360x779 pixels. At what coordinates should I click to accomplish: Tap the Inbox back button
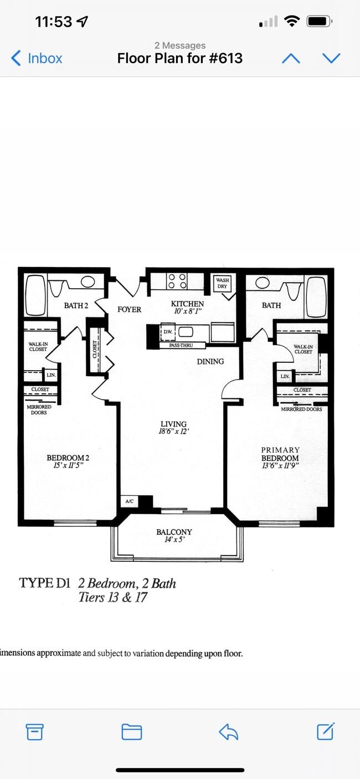[x=37, y=58]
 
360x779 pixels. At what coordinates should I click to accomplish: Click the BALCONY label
[x=174, y=532]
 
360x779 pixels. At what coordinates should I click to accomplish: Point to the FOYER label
[x=129, y=309]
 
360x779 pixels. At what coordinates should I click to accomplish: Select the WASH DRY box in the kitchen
[x=222, y=283]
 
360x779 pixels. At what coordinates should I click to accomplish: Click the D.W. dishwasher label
[x=167, y=332]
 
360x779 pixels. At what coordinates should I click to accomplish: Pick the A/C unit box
[x=130, y=501]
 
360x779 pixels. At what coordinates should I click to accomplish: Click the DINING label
[x=210, y=361]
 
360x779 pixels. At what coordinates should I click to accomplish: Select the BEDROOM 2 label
[x=68, y=458]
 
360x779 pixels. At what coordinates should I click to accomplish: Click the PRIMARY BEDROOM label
[x=280, y=454]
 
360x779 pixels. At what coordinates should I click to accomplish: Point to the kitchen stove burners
[x=177, y=281]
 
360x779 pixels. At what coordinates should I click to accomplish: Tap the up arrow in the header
[x=291, y=58]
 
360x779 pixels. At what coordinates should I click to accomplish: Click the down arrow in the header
[x=331, y=58]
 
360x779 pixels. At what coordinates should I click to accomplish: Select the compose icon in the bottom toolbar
[x=326, y=732]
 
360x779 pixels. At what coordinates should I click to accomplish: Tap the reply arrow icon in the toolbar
[x=228, y=732]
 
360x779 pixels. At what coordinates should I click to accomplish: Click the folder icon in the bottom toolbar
[x=132, y=732]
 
